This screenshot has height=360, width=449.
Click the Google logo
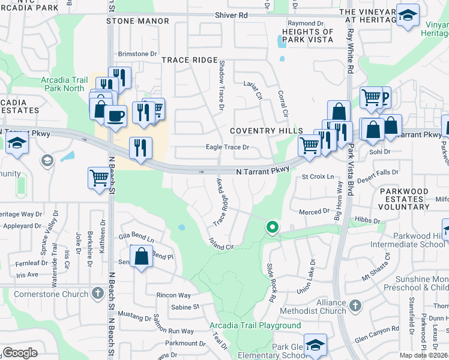[x=20, y=353]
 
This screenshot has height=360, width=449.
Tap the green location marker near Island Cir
[x=273, y=227]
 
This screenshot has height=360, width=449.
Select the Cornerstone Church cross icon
[x=98, y=293]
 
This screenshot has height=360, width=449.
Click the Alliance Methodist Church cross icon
[x=355, y=305]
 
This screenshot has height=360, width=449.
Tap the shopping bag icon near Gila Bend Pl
[x=140, y=257]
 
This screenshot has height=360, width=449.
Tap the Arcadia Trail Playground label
[x=255, y=325]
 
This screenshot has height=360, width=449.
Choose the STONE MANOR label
[x=137, y=21]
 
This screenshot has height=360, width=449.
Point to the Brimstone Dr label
[x=137, y=54]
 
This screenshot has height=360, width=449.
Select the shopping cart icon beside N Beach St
[x=99, y=177]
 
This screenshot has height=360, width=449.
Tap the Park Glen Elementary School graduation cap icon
[x=315, y=344]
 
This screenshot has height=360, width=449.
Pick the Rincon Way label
[x=173, y=295]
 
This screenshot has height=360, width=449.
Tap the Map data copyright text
[x=423, y=355]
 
